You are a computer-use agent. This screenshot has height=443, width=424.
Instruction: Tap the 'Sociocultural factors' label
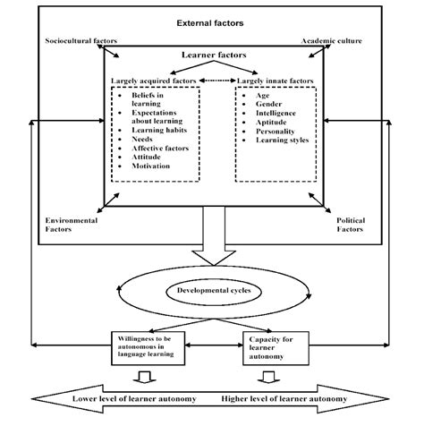pyautogui.click(x=80, y=41)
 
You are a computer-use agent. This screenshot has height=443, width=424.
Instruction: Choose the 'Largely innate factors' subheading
pyautogui.click(x=275, y=81)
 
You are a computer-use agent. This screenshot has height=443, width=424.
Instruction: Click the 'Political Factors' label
pyautogui.click(x=350, y=224)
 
